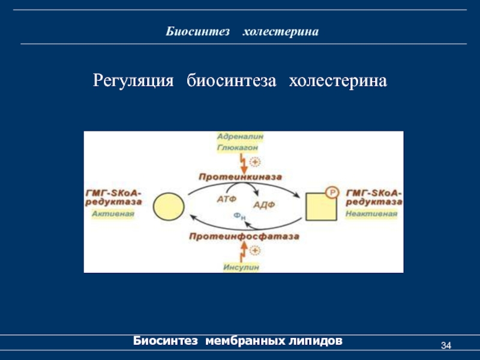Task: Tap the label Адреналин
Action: (240, 137)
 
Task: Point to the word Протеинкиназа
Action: (240, 177)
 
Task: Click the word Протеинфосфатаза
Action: (244, 237)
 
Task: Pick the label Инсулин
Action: (241, 268)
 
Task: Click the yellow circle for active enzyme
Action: (169, 207)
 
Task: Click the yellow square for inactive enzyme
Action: (320, 207)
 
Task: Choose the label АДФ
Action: (263, 205)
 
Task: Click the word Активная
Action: (113, 214)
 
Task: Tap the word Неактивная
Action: (372, 214)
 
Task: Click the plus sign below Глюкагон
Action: (255, 162)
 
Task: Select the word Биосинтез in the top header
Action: (198, 31)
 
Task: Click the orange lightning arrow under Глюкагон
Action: (242, 162)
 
